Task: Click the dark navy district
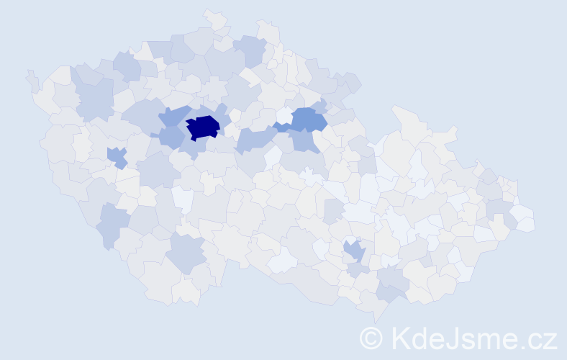pyautogui.click(x=204, y=127)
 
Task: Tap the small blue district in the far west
pyautogui.click(x=115, y=156)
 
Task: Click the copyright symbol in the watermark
pyautogui.click(x=371, y=338)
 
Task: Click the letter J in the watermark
pyautogui.click(x=458, y=338)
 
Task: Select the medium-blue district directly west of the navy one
pyautogui.click(x=172, y=137)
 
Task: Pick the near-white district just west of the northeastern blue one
pyautogui.click(x=283, y=116)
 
